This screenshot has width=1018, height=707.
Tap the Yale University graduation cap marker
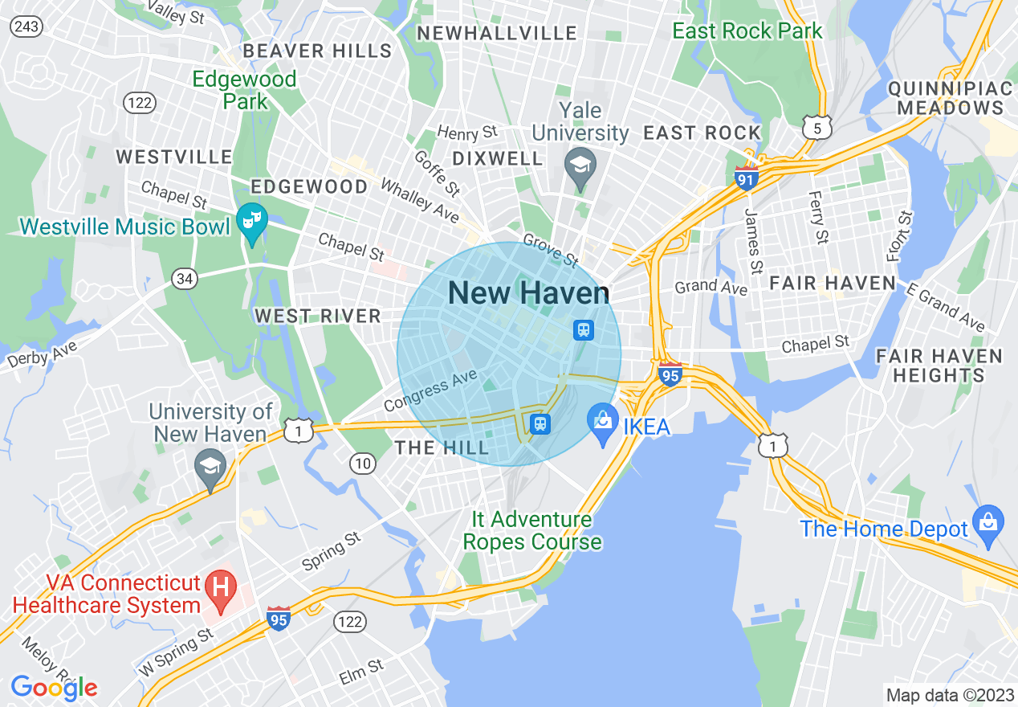(x=579, y=166)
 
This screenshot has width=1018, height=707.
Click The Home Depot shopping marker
(x=987, y=523)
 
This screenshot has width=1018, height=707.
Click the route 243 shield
(x=26, y=27)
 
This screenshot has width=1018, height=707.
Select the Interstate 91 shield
(x=747, y=178)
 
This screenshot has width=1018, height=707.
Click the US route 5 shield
(x=816, y=127)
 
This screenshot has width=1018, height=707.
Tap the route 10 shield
(x=363, y=463)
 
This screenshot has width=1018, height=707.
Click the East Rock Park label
(x=747, y=31)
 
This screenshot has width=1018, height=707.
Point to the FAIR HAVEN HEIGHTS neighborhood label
(x=939, y=366)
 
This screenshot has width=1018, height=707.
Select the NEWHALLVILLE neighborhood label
(x=498, y=33)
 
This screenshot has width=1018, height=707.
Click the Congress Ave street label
(x=430, y=391)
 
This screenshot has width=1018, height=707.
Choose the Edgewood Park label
(x=245, y=90)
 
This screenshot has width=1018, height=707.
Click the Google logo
(x=54, y=687)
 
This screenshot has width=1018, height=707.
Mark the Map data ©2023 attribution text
(x=949, y=695)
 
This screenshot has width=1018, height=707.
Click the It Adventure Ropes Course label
(x=531, y=531)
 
